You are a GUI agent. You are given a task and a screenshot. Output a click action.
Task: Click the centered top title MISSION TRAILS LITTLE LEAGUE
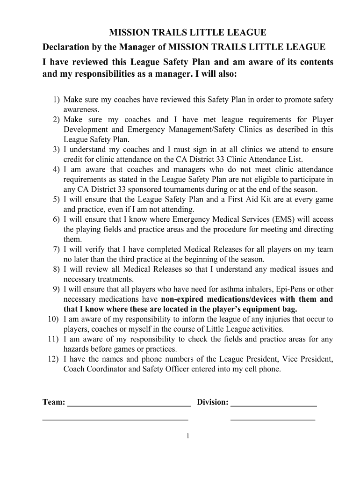pos(187,32)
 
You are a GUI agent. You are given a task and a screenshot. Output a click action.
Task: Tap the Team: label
pos(54,402)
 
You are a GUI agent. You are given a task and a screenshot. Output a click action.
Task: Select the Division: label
pos(213,402)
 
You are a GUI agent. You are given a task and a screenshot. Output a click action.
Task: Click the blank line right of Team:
pos(129,404)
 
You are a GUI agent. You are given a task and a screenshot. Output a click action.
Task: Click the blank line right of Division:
pos(274,404)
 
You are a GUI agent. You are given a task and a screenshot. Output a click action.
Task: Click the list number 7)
pos(56,249)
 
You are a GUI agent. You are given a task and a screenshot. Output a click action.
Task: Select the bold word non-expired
pos(183,299)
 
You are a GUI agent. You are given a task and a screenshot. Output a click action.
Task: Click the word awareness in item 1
pos(81,109)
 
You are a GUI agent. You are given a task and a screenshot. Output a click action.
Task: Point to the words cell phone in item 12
pos(264,369)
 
